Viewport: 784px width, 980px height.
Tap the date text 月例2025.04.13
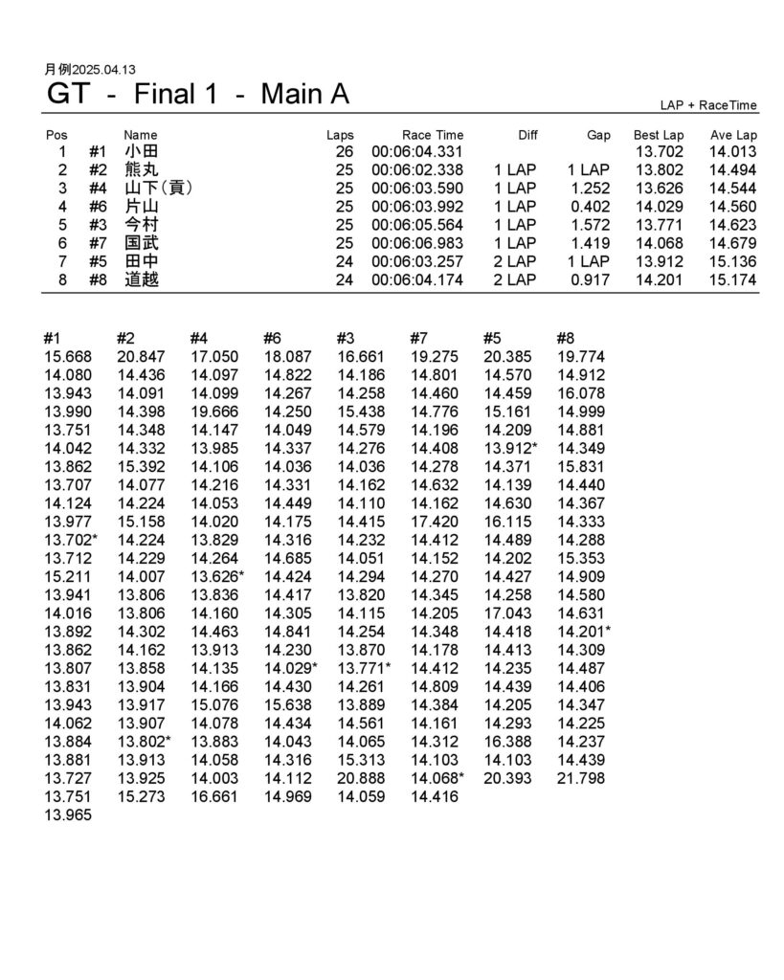click(x=91, y=70)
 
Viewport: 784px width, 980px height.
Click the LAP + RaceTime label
click(x=708, y=105)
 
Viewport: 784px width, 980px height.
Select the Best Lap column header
click(x=659, y=136)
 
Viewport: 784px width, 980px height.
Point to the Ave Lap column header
click(x=733, y=136)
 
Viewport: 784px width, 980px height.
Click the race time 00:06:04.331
click(x=417, y=152)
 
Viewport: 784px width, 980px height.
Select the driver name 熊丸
click(x=142, y=170)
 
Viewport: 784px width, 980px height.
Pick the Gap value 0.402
click(x=590, y=207)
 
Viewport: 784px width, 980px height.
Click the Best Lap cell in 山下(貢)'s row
click(x=660, y=189)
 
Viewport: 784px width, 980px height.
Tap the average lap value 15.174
click(x=733, y=280)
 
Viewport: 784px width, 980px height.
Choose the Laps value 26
click(x=345, y=152)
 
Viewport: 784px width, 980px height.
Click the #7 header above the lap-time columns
click(x=418, y=337)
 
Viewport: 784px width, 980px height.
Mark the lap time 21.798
click(x=581, y=778)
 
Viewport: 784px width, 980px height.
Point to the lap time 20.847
click(x=142, y=357)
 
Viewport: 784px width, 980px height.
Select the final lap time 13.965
click(x=68, y=815)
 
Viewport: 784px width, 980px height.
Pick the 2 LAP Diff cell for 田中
click(x=515, y=262)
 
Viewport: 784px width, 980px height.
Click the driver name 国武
click(x=142, y=244)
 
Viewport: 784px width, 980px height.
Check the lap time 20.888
click(x=361, y=778)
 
